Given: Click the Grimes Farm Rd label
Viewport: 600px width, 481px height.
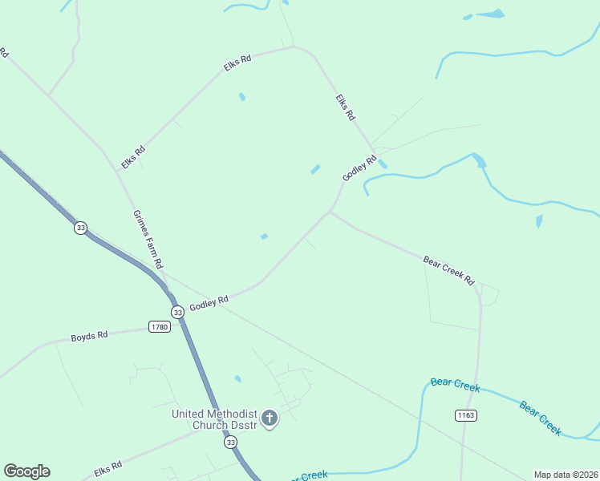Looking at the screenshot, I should (x=148, y=239).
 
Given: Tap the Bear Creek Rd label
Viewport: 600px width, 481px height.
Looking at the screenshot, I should (x=449, y=271).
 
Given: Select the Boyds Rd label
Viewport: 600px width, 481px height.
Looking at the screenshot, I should (x=89, y=337).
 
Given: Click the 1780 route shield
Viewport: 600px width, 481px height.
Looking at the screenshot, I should (x=160, y=326).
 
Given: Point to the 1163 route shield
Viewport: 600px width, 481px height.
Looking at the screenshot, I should (x=465, y=414).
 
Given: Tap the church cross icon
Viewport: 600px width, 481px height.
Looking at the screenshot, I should (x=270, y=418).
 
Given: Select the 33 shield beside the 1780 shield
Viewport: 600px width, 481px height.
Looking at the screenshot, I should (x=177, y=312).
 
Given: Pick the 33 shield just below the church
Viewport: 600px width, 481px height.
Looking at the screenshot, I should (x=231, y=442).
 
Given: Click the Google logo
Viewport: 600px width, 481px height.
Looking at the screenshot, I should (x=26, y=471).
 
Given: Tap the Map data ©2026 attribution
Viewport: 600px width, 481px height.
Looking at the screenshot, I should (x=566, y=474).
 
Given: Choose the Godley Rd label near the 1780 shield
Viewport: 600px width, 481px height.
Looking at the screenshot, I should (x=209, y=304).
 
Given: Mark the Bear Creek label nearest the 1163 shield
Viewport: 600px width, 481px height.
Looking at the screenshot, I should (x=455, y=386).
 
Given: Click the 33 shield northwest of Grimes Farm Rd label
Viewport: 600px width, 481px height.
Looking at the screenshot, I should (x=80, y=228).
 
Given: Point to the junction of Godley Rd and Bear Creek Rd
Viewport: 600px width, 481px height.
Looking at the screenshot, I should (x=330, y=212).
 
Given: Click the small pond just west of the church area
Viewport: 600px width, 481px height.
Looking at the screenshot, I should (x=237, y=378).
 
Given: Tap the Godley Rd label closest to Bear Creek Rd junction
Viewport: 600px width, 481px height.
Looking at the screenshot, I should (x=359, y=168).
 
